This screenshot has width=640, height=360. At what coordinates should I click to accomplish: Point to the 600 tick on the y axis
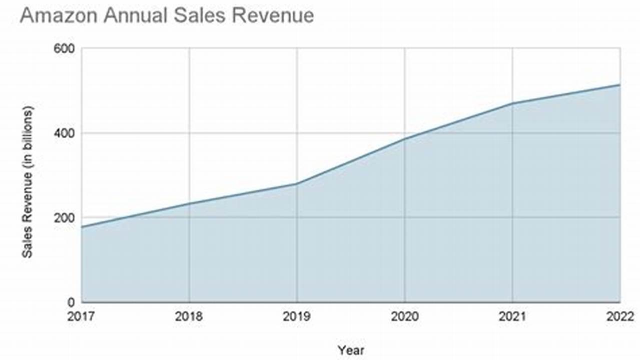(65, 49)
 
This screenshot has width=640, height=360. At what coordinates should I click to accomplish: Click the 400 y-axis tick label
(65, 133)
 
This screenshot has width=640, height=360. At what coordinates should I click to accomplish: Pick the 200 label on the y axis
(65, 218)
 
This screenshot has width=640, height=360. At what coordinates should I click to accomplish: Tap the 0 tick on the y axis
(71, 302)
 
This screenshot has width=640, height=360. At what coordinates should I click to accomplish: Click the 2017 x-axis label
(82, 316)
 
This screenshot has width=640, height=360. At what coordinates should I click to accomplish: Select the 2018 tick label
(189, 316)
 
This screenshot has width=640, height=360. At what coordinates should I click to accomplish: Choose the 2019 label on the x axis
(297, 316)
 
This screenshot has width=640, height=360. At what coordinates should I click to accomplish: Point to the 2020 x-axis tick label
(404, 316)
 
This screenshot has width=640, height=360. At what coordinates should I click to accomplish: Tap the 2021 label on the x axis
(512, 316)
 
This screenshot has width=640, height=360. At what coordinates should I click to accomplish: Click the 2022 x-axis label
(619, 316)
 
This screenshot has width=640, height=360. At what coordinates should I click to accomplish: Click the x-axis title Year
(351, 350)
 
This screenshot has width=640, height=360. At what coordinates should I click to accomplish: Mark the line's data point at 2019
(297, 184)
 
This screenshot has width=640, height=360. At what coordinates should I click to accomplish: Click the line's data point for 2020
(404, 138)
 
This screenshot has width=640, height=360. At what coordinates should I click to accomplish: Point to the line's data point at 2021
(512, 103)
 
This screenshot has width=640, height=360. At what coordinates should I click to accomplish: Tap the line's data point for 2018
(189, 203)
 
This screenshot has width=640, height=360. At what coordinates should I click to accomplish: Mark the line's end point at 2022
(619, 85)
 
